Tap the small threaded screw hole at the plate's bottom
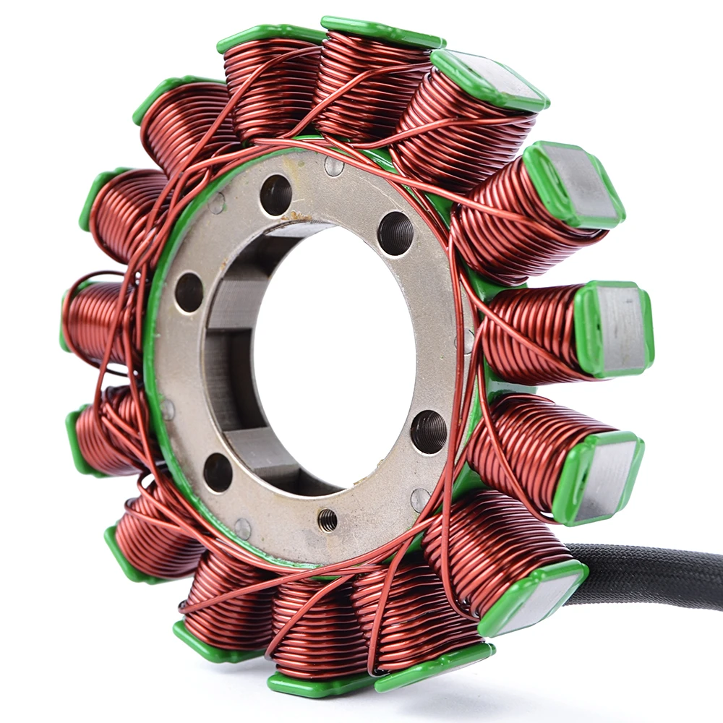coord(328,519)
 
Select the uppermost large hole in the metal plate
coord(276,194)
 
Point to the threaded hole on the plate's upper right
coord(395,233)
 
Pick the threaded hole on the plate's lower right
coord(429,432)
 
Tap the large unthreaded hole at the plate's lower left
coord(218,472)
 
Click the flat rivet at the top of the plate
coord(334,166)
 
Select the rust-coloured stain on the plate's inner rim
coord(296,216)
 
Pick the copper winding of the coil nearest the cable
coord(492,549)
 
